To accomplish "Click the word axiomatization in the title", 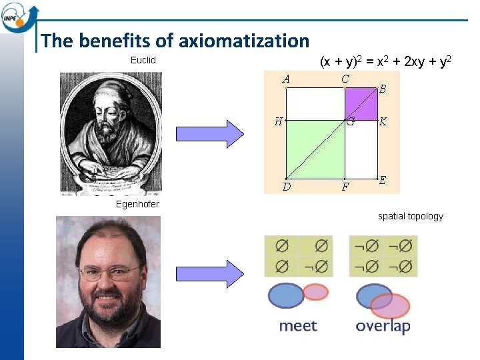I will click(x=251, y=41).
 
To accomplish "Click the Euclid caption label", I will click(x=143, y=61).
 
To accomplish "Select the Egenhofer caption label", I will click(x=137, y=204).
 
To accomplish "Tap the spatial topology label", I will click(x=410, y=216).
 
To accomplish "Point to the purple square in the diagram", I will click(x=361, y=103).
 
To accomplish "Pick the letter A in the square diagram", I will click(x=286, y=79).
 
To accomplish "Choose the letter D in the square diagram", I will click(x=286, y=187).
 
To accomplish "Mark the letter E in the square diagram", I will click(x=383, y=181).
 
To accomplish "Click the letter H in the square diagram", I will click(x=279, y=121).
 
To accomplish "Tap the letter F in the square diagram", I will click(x=345, y=187).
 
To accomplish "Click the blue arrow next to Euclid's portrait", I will click(x=211, y=133).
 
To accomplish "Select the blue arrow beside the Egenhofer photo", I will click(x=211, y=273).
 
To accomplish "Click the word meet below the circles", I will click(x=297, y=326).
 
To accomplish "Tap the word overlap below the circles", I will click(x=383, y=327).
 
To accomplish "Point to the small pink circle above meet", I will click(x=315, y=292).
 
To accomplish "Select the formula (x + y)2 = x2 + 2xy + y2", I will click(x=387, y=62).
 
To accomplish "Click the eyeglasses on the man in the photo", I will click(x=109, y=273).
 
